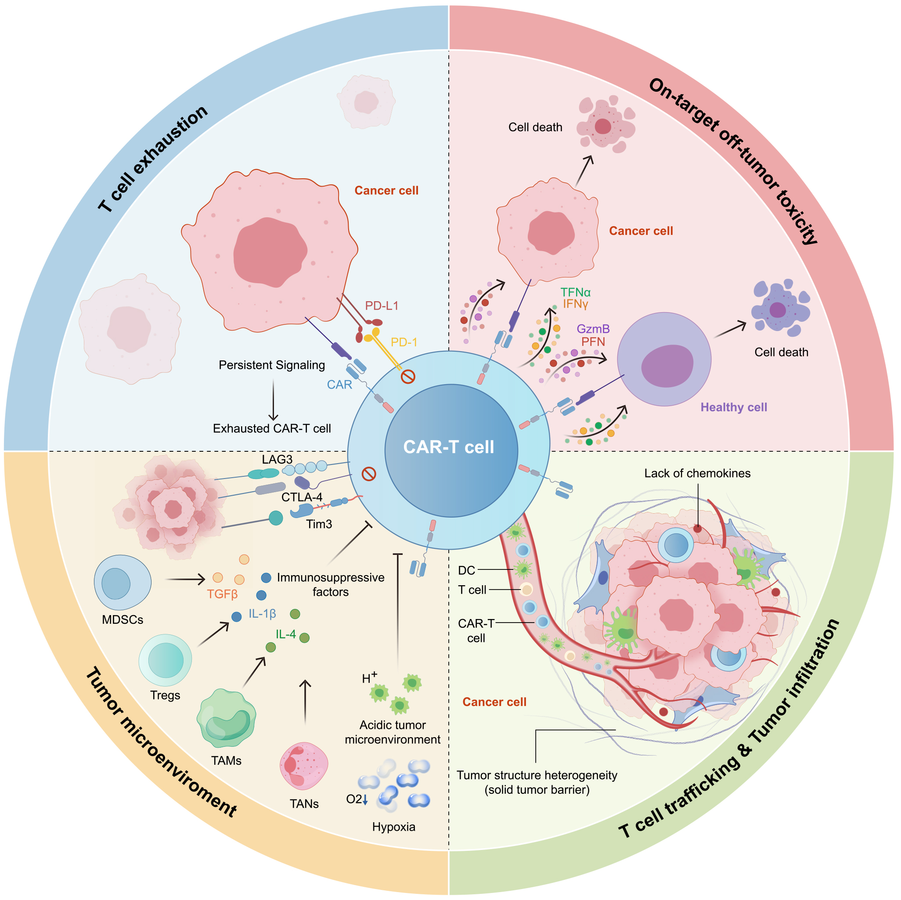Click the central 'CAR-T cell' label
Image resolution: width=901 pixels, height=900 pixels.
448,447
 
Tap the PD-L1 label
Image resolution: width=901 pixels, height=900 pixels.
382,306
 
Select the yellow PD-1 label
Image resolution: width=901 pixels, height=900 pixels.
404,342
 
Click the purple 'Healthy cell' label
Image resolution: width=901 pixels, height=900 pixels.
733,407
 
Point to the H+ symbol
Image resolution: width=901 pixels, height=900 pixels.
369,677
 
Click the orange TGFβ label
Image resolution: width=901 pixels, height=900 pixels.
223,594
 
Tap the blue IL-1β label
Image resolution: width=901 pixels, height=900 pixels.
262,614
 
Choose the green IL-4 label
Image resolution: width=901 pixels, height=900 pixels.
285,634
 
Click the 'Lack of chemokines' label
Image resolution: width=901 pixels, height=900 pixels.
697,473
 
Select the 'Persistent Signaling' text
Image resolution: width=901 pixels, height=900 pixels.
271,365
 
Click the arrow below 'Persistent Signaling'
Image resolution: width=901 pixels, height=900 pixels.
273,400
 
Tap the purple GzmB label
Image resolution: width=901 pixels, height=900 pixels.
593,329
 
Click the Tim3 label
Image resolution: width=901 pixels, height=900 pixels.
319,524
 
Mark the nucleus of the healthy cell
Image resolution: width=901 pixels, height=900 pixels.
667,366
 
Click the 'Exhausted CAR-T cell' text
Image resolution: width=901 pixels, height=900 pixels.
271,428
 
